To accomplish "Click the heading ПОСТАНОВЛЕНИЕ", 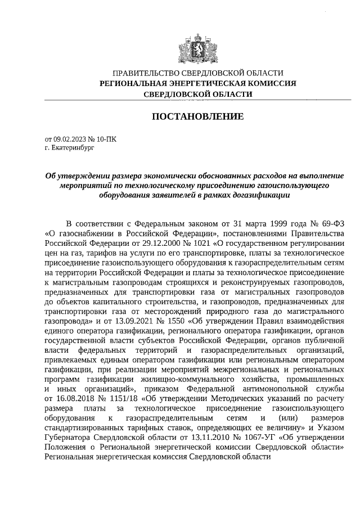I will coord(198,117).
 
